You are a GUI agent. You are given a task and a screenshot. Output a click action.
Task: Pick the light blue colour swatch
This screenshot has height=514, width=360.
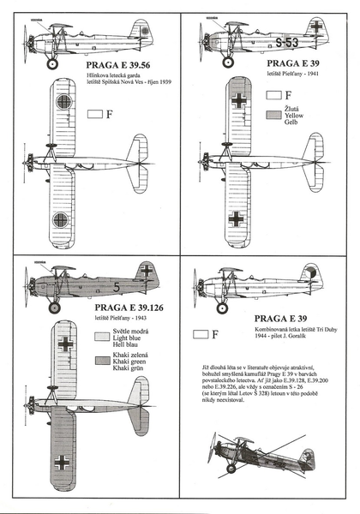click(99, 337)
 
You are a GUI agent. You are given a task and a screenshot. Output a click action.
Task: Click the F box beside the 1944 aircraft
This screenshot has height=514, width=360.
click(203, 334)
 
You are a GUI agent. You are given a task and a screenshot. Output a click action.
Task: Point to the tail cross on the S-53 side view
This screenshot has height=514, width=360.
click(315, 27)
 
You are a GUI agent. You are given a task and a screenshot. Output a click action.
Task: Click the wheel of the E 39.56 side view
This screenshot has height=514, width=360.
click(51, 63)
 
